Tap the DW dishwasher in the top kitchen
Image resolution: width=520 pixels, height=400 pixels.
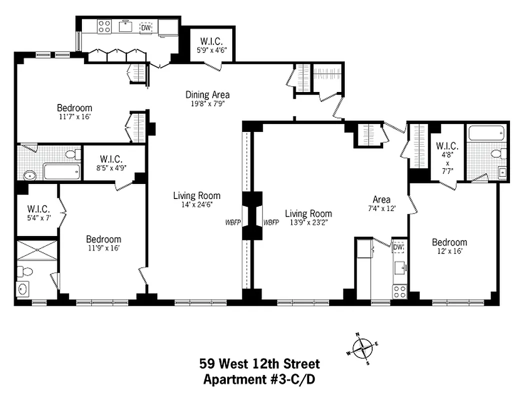[x=145, y=27]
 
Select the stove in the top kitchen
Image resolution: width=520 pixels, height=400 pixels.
[x=104, y=26]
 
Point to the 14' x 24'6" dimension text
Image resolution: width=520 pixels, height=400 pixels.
[x=196, y=204]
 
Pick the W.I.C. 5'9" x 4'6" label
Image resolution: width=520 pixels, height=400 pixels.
[x=212, y=45]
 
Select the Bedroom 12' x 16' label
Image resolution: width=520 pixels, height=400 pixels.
[x=449, y=246]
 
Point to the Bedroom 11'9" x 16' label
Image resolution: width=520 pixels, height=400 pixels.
[x=103, y=243]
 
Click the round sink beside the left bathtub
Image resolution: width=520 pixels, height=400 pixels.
[x=29, y=175]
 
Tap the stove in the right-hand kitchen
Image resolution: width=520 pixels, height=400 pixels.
[x=399, y=291]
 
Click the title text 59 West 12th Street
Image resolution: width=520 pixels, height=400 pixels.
[x=259, y=363]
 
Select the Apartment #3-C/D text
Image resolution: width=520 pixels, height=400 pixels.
[x=259, y=379]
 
